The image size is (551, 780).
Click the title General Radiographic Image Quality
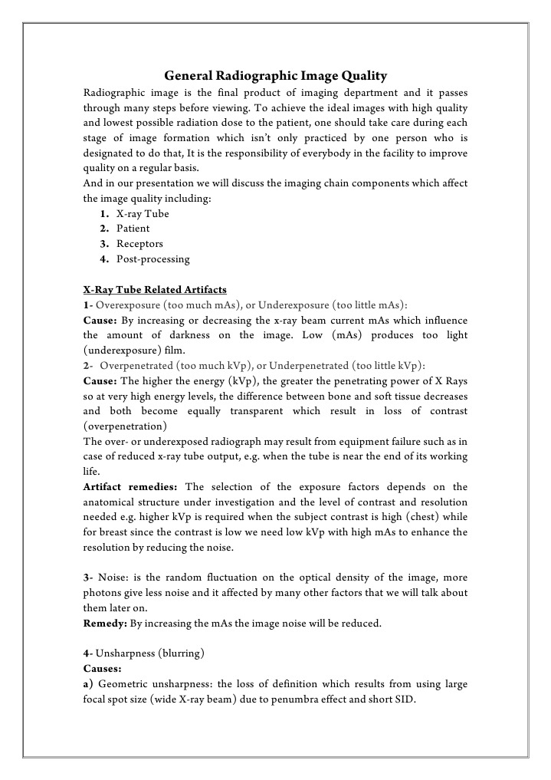pos(276,76)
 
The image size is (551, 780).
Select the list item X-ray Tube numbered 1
pos(143,214)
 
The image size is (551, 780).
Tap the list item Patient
pos(133,229)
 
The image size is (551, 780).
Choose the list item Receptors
pos(139,244)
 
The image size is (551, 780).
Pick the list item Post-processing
pos(153,259)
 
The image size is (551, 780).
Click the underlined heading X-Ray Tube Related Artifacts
pos(155,290)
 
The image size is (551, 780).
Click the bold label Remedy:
pos(105,624)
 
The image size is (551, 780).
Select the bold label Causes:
pos(103,668)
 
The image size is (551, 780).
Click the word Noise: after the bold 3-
pos(113,578)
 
